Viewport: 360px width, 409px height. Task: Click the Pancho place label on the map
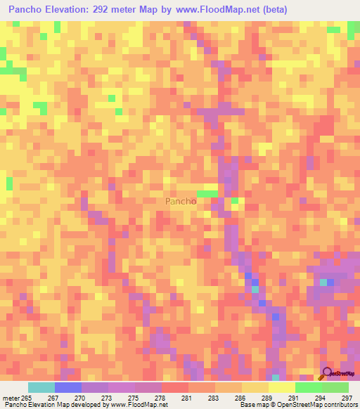(x=180, y=201)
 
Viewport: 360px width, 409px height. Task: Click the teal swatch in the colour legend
(x=41, y=387)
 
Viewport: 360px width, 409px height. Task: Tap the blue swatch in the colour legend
(x=68, y=387)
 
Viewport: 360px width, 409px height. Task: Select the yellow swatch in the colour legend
(x=282, y=387)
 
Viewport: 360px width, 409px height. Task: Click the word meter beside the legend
(x=11, y=397)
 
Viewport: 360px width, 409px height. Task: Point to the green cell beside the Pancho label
(x=207, y=194)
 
